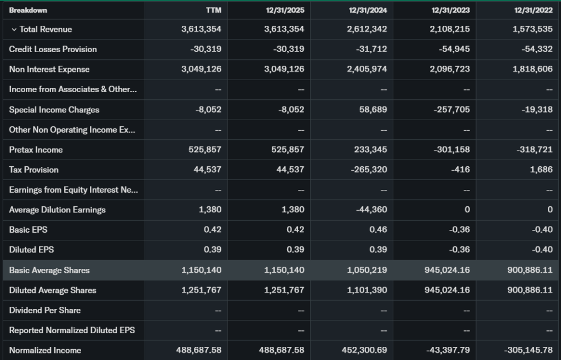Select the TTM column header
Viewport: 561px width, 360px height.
[x=214, y=10]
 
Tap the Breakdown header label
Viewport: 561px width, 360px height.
[x=28, y=10]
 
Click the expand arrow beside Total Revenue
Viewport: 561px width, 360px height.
[x=14, y=30]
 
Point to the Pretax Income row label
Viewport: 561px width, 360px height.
[x=36, y=150]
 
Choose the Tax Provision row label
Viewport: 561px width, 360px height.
[x=33, y=170]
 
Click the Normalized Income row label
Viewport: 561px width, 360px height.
[x=45, y=350]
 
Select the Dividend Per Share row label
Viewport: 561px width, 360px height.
[x=44, y=310]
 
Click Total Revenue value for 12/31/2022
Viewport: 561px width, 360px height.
[x=533, y=29]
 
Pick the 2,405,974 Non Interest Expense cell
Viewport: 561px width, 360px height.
[x=367, y=69]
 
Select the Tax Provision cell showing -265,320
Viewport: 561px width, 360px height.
[x=368, y=170]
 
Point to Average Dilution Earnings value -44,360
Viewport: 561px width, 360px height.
[x=370, y=210]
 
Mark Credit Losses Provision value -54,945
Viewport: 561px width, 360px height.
[x=454, y=49]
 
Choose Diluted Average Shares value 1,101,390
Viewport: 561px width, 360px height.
[x=367, y=290]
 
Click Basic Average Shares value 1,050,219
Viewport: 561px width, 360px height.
[x=367, y=270]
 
